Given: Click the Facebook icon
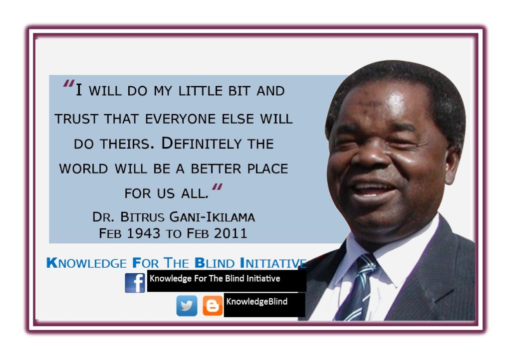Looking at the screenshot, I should pyautogui.click(x=135, y=283).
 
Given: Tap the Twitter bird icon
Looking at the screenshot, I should pyautogui.click(x=187, y=306).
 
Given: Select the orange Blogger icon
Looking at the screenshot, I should pyautogui.click(x=213, y=306).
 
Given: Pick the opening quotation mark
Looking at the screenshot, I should pyautogui.click(x=69, y=85).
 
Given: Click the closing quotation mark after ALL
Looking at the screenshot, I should pyautogui.click(x=217, y=188).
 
